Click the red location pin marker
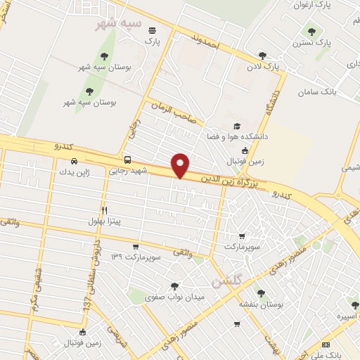click(x=181, y=165)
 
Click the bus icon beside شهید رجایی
click(x=127, y=160)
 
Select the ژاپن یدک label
click(x=75, y=172)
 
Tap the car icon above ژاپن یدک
click(x=75, y=161)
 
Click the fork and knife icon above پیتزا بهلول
click(x=104, y=210)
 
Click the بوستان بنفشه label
click(x=261, y=304)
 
